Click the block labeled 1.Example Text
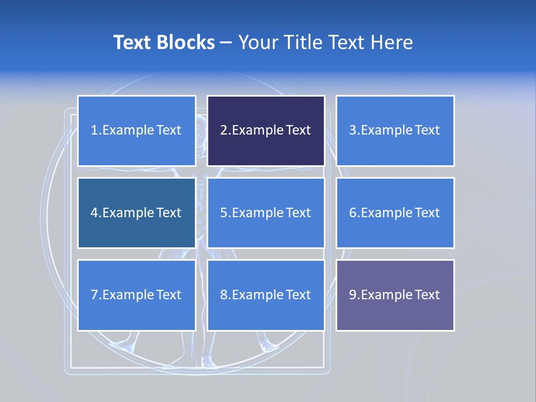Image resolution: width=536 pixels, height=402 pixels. pos(136,131)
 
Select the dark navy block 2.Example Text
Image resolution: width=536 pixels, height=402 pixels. pos(266,131)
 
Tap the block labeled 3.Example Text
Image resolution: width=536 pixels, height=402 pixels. pos(395,131)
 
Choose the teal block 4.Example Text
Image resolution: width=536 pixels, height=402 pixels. pos(136,213)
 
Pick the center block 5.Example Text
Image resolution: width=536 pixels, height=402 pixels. pos(266,213)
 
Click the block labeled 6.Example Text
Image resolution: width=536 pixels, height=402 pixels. pos(395,213)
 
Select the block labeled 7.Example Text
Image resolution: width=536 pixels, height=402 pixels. pos(136,295)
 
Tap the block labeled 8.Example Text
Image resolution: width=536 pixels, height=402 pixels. pos(266,295)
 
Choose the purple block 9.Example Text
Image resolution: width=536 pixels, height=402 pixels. pos(395,295)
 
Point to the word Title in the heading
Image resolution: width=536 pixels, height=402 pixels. pos(305,42)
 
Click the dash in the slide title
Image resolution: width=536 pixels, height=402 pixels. pos(226,42)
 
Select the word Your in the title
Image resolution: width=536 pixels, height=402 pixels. pos(259,42)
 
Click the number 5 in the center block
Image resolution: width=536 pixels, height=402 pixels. pos(223,213)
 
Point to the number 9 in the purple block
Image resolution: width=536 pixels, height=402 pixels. pos(353,295)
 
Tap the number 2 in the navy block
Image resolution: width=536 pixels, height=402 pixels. pos(223,131)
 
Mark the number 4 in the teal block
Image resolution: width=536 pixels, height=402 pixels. pos(94,213)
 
